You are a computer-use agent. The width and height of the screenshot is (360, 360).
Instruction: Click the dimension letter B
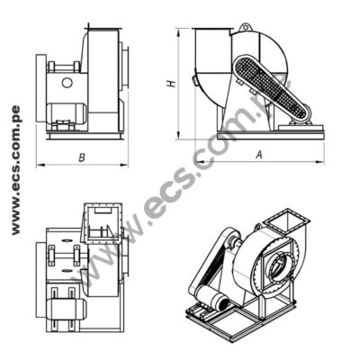(82, 158)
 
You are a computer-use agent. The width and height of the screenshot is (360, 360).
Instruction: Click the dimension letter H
(170, 84)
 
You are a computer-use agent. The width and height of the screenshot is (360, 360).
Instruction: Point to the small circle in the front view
(67, 83)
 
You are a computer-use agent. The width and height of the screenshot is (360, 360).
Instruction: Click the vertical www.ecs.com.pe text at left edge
(15, 171)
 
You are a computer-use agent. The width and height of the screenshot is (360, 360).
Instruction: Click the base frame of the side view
(261, 133)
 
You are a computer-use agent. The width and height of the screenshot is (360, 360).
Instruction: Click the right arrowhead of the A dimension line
(322, 162)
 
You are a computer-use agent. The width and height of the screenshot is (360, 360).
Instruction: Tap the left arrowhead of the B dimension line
(39, 166)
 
